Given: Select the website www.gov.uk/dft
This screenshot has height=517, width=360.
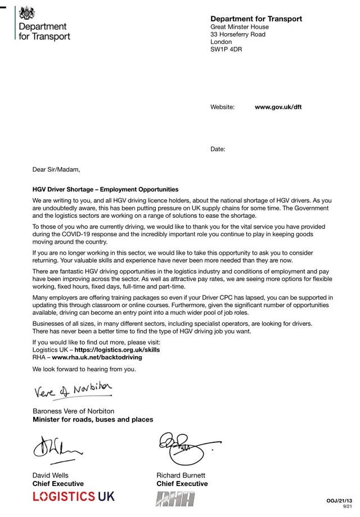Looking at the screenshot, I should (278, 106).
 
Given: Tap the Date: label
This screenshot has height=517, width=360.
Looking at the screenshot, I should (218, 149).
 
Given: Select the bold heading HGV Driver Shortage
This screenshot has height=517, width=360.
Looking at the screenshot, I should (105, 190).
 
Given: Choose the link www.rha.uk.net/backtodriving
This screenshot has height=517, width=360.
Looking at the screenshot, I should (97, 357).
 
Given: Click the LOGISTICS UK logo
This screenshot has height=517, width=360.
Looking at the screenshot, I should (73, 496).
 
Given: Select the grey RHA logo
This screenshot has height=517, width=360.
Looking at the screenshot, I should (175, 498).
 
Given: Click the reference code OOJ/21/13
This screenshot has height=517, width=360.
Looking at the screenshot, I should (339, 500).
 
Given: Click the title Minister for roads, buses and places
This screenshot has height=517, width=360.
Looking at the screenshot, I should (93, 420).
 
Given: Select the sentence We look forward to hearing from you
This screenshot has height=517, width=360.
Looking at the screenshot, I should (84, 369).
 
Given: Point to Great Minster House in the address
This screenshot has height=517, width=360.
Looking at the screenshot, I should (240, 26).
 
